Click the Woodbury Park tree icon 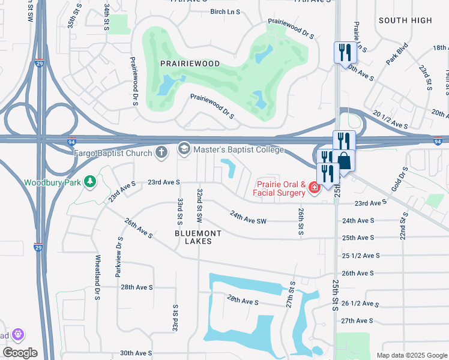click(90, 181)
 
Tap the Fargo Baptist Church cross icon click(161, 152)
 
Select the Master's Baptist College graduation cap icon click(184, 148)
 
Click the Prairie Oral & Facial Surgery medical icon click(313, 189)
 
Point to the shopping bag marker click(345, 160)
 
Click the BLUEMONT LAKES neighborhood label click(198, 237)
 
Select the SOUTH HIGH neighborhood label click(405, 20)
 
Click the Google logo click(20, 353)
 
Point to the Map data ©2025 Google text click(411, 355)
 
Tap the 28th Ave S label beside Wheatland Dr click(137, 287)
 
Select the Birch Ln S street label click(225, 11)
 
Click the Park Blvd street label click(397, 58)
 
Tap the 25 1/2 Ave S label click(361, 256)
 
